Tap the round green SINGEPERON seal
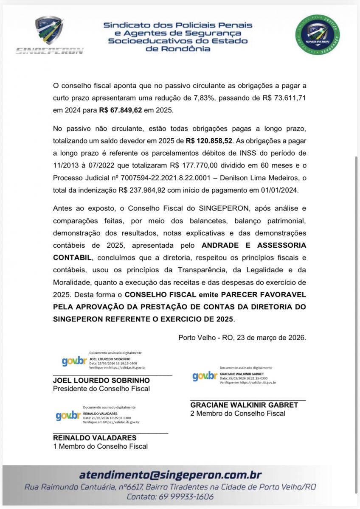pyautogui.click(x=318, y=35)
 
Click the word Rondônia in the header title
pyautogui.click(x=178, y=49)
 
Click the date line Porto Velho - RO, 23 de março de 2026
pyautogui.click(x=242, y=338)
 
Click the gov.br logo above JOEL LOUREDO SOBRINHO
pyautogui.click(x=74, y=361)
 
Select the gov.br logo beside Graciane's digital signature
pyautogui.click(x=205, y=376)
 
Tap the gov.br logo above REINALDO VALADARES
pyautogui.click(x=68, y=416)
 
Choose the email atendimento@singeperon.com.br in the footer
pyautogui.click(x=171, y=475)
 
